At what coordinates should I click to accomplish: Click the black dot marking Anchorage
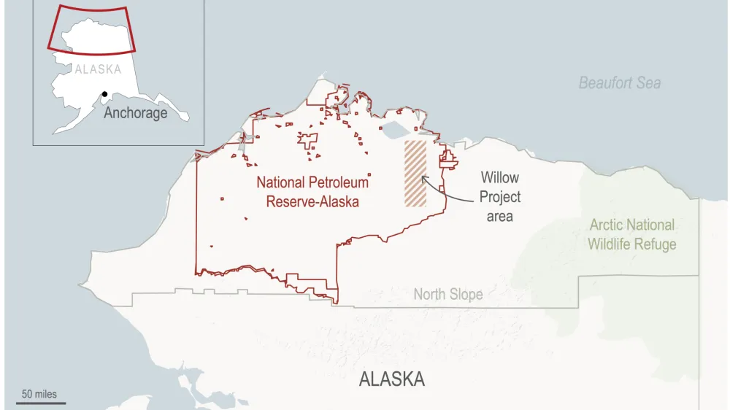coord(105,94)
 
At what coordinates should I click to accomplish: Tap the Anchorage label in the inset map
coord(135,113)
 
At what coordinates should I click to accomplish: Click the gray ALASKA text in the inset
coord(98,69)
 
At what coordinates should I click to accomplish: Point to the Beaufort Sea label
coord(620,82)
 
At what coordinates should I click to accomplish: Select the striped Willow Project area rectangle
coord(415,174)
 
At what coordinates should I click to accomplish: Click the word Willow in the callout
coord(499,177)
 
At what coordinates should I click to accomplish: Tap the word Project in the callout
coord(500,197)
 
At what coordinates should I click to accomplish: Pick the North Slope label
coord(447,295)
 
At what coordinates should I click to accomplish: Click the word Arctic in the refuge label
coord(606,225)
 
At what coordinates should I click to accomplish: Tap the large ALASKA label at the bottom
coord(392,379)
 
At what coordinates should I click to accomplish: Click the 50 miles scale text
coord(39,394)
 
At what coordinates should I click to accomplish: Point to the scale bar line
coord(36,402)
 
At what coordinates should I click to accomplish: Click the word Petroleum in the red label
coord(337,182)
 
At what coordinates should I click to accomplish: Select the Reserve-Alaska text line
coord(312,201)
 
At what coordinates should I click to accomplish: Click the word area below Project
coord(500,216)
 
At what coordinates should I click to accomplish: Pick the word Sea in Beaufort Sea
coord(648,82)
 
